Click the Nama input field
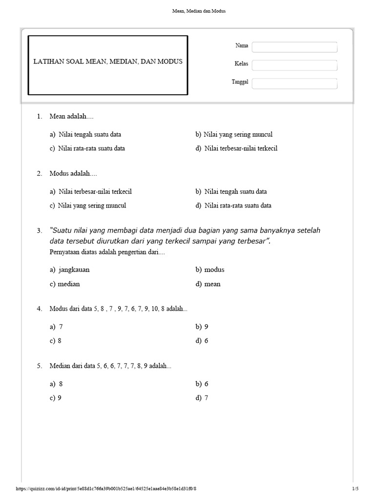click(294, 47)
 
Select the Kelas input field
click(294, 65)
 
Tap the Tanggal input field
click(294, 83)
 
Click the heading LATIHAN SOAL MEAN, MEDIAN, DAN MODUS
click(108, 62)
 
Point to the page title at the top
click(187, 11)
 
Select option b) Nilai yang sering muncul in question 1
click(234, 134)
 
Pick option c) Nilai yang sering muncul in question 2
click(87, 206)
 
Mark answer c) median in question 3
click(64, 284)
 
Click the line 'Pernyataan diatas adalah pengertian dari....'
click(107, 252)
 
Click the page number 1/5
click(355, 489)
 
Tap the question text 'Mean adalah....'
click(71, 116)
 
